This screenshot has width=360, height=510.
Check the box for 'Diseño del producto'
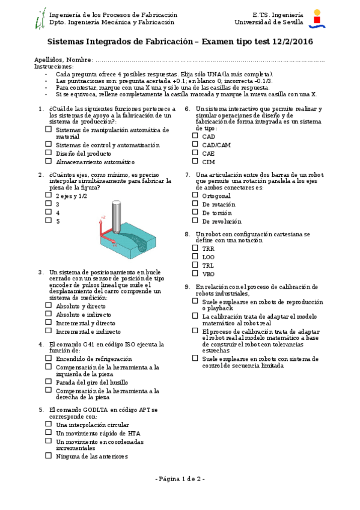(48, 153)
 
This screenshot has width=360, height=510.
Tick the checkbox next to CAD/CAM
(195, 144)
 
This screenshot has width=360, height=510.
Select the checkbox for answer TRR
(195, 247)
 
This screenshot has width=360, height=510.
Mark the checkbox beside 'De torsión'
(195, 212)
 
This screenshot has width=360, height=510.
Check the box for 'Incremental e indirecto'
(48, 331)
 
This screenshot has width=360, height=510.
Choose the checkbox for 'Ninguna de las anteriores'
(48, 456)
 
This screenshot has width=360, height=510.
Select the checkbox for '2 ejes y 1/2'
(48, 195)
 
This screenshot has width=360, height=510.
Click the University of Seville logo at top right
(317, 19)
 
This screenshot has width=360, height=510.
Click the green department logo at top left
(40, 19)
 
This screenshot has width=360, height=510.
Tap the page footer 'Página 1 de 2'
(180, 479)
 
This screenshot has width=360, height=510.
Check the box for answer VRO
(195, 273)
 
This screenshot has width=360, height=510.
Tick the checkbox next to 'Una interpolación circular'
(48, 424)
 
